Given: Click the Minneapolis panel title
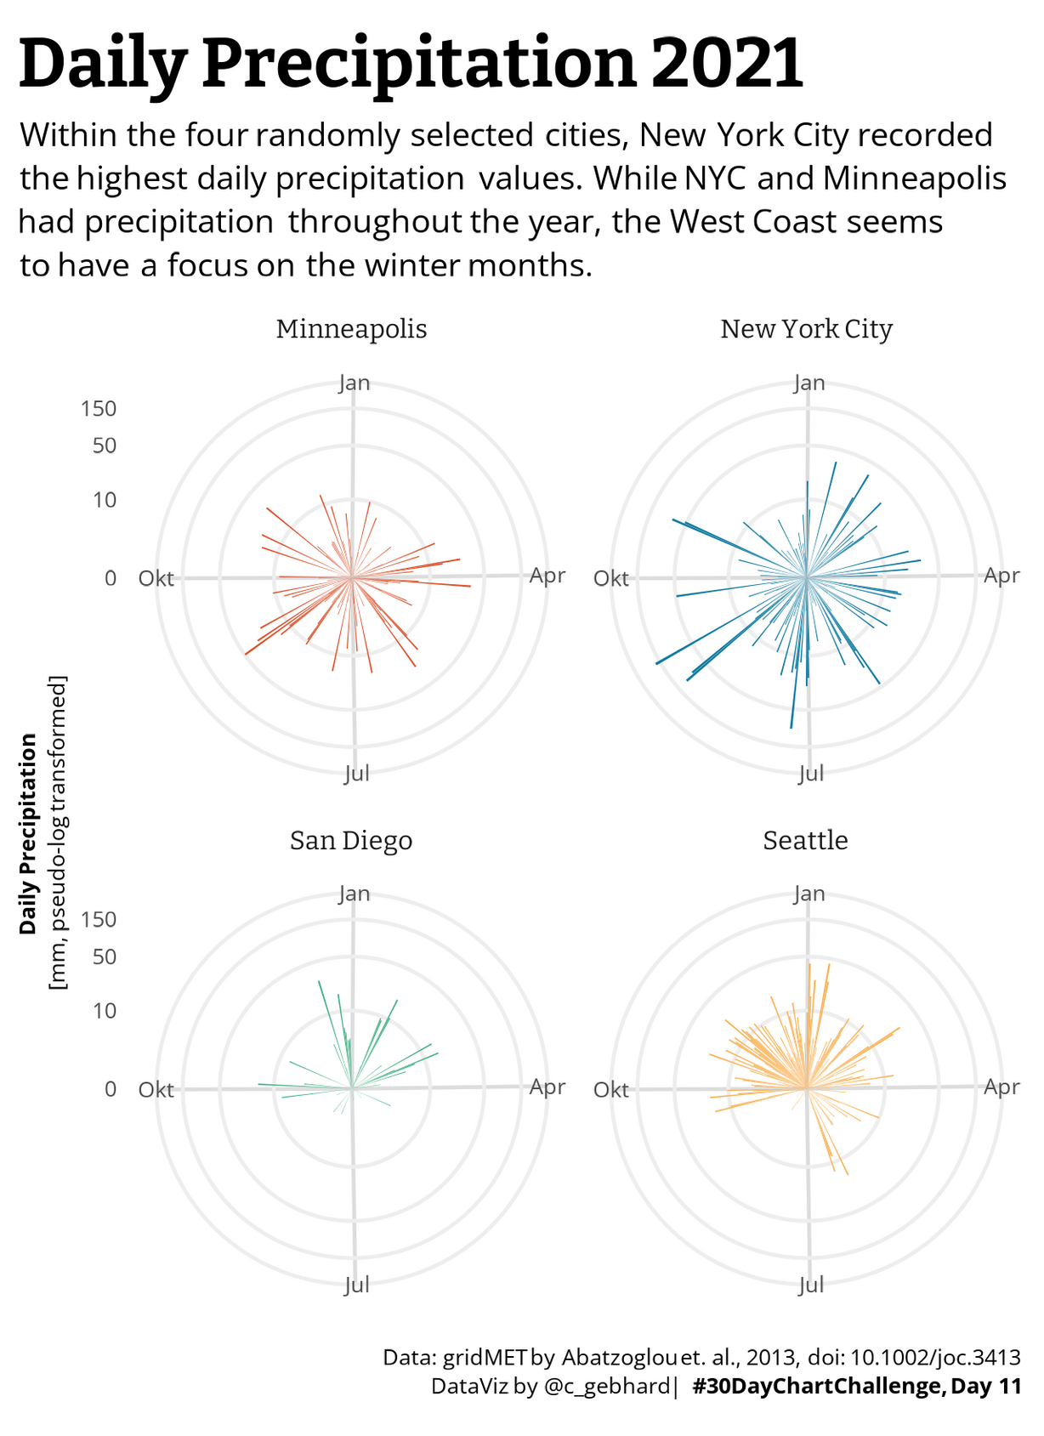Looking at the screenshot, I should coord(351,329).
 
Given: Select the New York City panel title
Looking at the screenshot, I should coord(806,329).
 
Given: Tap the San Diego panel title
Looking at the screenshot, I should coord(351,840).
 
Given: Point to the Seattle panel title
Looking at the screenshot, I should coord(805,840).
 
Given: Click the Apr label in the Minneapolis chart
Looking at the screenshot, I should coord(547,576).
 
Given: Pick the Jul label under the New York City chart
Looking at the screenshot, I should coord(811,773).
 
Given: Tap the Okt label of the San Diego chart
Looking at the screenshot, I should coord(156,1090).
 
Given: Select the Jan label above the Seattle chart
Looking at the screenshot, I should coord(809,894).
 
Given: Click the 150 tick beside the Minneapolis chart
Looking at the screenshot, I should coord(99,409).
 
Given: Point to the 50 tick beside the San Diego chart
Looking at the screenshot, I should coord(104,957).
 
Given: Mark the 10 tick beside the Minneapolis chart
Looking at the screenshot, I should coord(104,500).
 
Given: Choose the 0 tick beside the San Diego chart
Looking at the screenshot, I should coord(111,1090).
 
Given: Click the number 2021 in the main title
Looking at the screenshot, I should coord(728,63).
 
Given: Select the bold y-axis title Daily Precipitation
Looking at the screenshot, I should coord(29,834).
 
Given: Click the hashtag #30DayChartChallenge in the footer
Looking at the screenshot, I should coord(817,1387).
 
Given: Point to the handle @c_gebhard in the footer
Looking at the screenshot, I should coord(606,1387).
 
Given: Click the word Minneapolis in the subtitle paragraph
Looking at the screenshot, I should coord(914,179).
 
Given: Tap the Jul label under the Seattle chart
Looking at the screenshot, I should coord(811,1284).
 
